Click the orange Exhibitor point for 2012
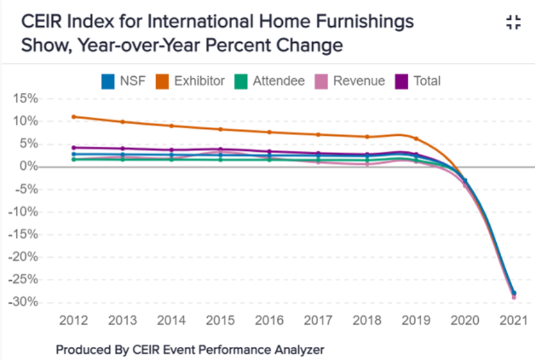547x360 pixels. (x=74, y=116)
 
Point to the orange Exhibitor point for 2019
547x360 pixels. (x=416, y=139)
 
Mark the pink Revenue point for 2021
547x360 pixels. (x=514, y=297)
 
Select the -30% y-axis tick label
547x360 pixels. (x=24, y=302)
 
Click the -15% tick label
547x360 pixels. (x=24, y=234)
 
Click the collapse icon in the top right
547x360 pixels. (x=514, y=24)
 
